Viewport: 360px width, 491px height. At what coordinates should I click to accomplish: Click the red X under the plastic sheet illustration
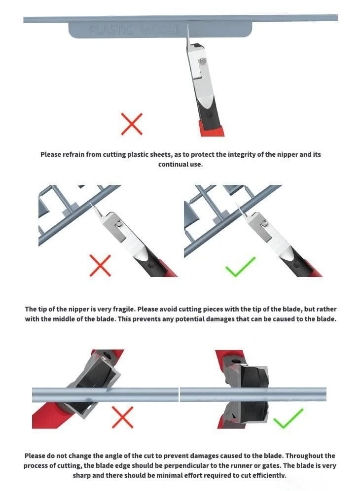pos(132,124)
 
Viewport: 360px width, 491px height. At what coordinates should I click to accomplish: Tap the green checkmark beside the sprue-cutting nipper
pos(240,267)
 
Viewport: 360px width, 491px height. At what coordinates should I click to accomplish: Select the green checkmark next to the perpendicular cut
pos(288,419)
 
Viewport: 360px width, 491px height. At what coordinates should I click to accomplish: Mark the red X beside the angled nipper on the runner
pos(122,418)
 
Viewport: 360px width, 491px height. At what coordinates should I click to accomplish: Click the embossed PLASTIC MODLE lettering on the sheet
pos(135,30)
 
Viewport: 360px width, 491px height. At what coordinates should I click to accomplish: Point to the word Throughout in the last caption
pos(305,456)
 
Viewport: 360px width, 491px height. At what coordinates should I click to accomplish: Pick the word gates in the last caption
pos(271,466)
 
